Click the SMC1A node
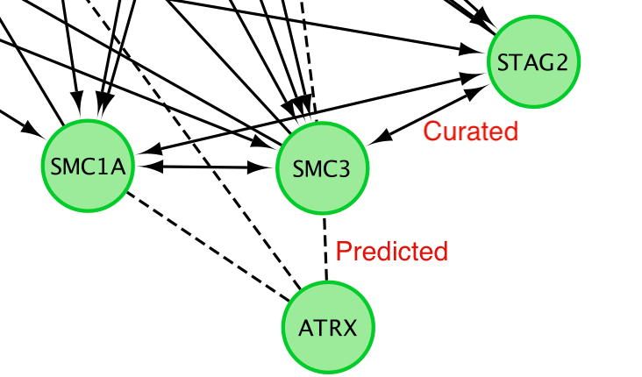pyautogui.click(x=87, y=167)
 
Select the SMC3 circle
pyautogui.click(x=322, y=168)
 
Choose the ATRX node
pyautogui.click(x=327, y=329)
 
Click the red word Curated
pyautogui.click(x=471, y=132)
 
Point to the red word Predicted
pyautogui.click(x=392, y=252)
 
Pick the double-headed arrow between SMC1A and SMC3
pyautogui.click(x=205, y=166)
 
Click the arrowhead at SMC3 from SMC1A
pyautogui.click(x=268, y=167)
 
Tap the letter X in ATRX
pyautogui.click(x=349, y=330)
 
